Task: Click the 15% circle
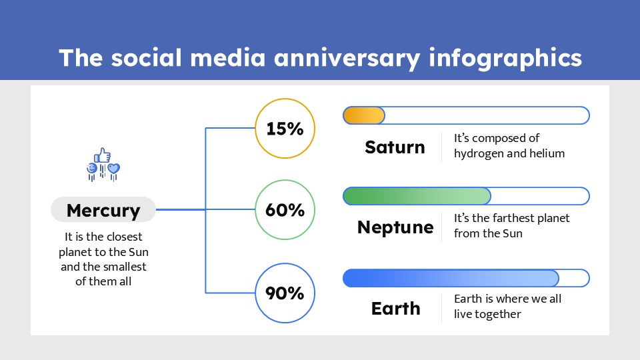285,129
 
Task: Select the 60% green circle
285,210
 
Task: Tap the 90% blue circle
285,293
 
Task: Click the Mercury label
103,211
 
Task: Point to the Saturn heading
395,147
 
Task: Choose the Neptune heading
395,227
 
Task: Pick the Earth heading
395,309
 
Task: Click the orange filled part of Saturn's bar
364,115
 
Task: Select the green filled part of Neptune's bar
417,196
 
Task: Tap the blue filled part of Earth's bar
451,278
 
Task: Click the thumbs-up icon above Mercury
103,156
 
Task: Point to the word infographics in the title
505,59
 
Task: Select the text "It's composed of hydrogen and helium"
509,146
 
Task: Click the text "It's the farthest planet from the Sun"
511,226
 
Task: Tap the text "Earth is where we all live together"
507,306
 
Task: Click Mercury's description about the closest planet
103,259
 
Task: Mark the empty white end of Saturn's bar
487,115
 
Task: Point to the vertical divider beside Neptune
441,227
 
